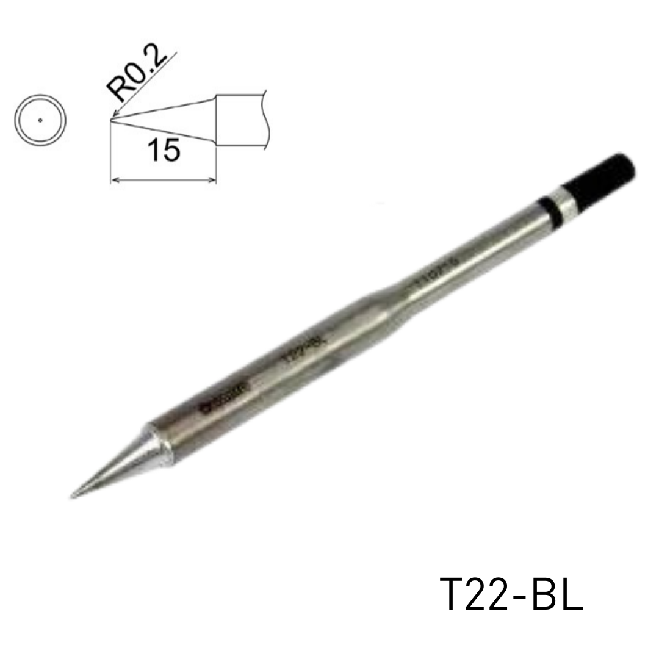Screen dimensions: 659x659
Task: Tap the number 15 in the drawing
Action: tap(163, 150)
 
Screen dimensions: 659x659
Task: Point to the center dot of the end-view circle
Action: tap(40, 120)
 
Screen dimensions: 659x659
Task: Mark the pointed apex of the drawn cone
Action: tap(111, 120)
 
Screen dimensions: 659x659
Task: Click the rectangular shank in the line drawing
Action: tap(241, 120)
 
